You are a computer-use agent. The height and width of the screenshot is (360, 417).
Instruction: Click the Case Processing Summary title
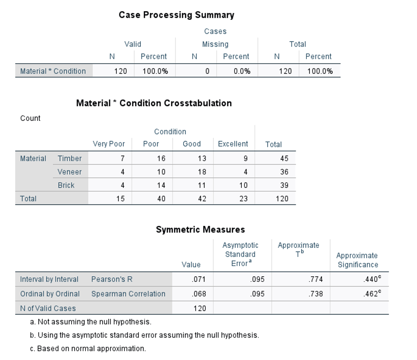176,15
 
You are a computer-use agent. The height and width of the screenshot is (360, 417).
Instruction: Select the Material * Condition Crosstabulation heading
154,103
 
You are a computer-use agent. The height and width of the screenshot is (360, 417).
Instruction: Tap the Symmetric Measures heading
200,230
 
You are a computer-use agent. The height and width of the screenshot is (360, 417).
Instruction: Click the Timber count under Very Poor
122,158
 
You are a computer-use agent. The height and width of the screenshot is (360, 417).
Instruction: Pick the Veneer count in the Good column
202,172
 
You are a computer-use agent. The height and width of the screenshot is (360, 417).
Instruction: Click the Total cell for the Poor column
161,199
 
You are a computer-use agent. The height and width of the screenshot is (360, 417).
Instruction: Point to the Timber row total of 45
284,158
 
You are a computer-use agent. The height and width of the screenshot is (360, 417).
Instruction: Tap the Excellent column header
233,144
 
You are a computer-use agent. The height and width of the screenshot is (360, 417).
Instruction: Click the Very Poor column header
109,144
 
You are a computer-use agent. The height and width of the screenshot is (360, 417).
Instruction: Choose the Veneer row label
70,172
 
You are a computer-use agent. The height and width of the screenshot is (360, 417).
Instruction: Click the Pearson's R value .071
199,279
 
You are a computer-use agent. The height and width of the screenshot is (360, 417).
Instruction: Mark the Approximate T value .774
315,279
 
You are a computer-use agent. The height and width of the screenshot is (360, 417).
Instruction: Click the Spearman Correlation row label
128,293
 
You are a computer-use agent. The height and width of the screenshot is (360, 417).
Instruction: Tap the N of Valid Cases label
48,308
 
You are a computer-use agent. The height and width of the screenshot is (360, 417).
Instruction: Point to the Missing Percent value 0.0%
242,71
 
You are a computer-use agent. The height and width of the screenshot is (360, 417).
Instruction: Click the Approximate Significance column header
357,260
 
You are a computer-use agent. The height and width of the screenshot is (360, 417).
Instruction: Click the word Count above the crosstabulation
30,118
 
